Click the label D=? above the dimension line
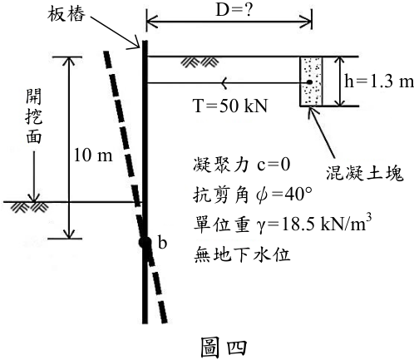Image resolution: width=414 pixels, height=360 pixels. [x=234, y=11]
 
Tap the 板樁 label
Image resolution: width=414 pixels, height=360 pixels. [x=66, y=14]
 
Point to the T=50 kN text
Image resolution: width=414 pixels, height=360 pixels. [x=230, y=106]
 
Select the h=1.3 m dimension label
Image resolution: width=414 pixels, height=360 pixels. [x=379, y=81]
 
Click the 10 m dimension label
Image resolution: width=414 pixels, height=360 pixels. [x=93, y=155]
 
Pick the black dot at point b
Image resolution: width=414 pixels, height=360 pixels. [x=145, y=243]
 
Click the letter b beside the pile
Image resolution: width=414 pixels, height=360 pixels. [x=162, y=243]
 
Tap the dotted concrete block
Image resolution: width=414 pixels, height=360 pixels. [x=311, y=81]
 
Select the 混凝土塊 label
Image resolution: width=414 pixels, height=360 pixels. [x=364, y=174]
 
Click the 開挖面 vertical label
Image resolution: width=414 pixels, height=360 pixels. [x=34, y=116]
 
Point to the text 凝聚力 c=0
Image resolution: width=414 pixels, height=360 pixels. [x=242, y=165]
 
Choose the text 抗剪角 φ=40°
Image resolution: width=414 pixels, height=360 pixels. [x=253, y=195]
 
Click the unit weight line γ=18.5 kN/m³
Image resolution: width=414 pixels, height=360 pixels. [x=283, y=224]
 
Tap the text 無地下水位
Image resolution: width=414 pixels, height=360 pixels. [x=242, y=254]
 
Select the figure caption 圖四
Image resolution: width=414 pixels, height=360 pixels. [x=224, y=347]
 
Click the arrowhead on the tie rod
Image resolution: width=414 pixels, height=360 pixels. [x=224, y=82]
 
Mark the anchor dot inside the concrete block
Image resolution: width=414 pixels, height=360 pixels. [x=309, y=82]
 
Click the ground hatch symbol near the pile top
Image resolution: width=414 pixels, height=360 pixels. [x=200, y=62]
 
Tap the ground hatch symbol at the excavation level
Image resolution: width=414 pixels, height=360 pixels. [x=29, y=207]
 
